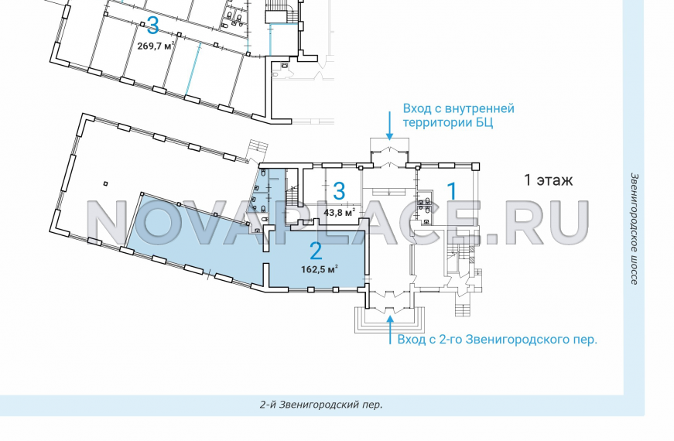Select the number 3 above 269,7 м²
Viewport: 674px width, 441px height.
coord(152,26)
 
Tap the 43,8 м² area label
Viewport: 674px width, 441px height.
coord(339,213)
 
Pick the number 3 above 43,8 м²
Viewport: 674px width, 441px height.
coord(339,191)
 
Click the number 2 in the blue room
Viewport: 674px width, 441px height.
coord(315,250)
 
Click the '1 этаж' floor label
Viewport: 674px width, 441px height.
coord(548,181)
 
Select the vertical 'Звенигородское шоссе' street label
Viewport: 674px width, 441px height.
coord(634,228)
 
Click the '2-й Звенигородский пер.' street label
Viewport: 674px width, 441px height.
coord(321,405)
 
